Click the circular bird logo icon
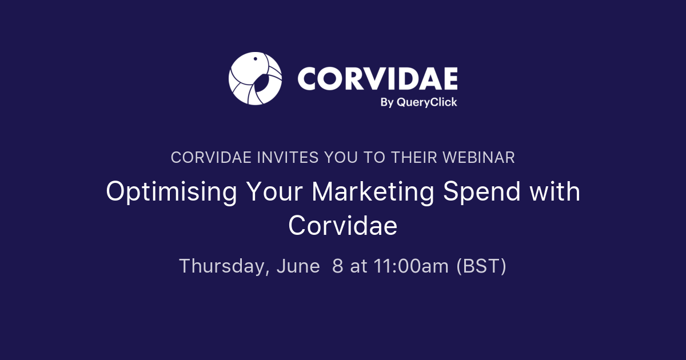(255, 79)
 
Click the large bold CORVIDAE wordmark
(377, 78)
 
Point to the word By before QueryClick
(387, 102)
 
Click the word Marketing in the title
(373, 192)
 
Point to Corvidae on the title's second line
(342, 226)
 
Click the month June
(298, 266)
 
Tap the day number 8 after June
(337, 266)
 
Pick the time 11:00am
(412, 266)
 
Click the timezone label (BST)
(481, 266)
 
